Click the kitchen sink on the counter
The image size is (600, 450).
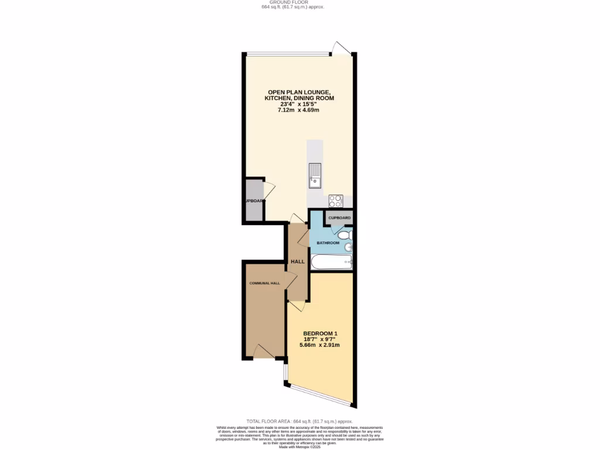pos(315,175)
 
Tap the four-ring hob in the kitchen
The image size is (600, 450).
pos(335,201)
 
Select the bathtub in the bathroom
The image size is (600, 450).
pos(331,262)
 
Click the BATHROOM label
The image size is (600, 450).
pos(328,243)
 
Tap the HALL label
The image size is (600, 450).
pos(298,261)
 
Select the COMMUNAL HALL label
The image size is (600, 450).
pos(265,283)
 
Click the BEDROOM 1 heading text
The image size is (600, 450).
pos(320,334)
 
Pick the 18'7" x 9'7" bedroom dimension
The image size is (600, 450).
pos(320,340)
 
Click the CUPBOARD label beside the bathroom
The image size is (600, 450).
pos(339,218)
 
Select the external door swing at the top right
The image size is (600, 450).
pos(342,48)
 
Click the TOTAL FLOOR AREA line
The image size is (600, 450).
pos(299,421)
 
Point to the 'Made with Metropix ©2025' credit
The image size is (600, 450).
pos(299,447)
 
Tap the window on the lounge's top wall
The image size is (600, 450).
pos(287,54)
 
